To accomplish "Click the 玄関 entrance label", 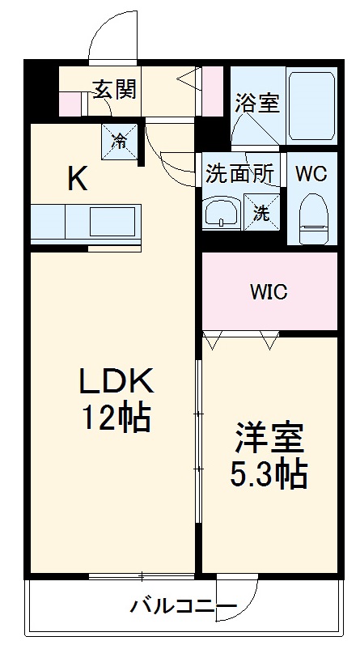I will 114,89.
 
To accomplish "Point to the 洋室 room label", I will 269,438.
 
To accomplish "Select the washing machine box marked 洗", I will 262,214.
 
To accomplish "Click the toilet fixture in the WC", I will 311,214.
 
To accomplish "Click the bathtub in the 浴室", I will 311,105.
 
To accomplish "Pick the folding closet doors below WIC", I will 241,340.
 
